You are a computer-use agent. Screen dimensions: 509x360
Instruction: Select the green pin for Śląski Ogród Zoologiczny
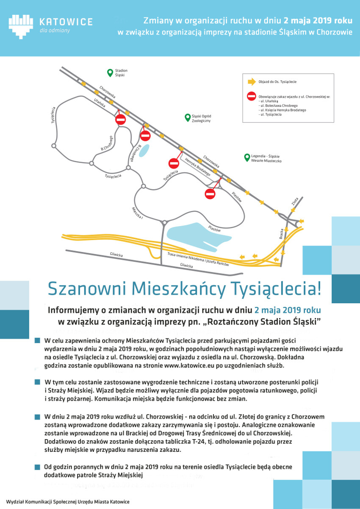tap(187, 118)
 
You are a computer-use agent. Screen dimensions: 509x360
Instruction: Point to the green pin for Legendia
tap(246, 158)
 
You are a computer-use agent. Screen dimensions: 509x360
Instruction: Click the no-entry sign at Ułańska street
tap(121, 119)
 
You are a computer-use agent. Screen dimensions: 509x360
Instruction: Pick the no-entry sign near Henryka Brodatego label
tap(210, 194)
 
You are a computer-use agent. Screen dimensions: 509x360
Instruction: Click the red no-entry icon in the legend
tap(251, 97)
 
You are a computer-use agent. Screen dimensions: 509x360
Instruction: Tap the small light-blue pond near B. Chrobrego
tap(144, 149)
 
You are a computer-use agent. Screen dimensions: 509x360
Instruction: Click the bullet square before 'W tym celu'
tap(38, 382)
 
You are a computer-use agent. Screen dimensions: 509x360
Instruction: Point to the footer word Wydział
tap(16, 502)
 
